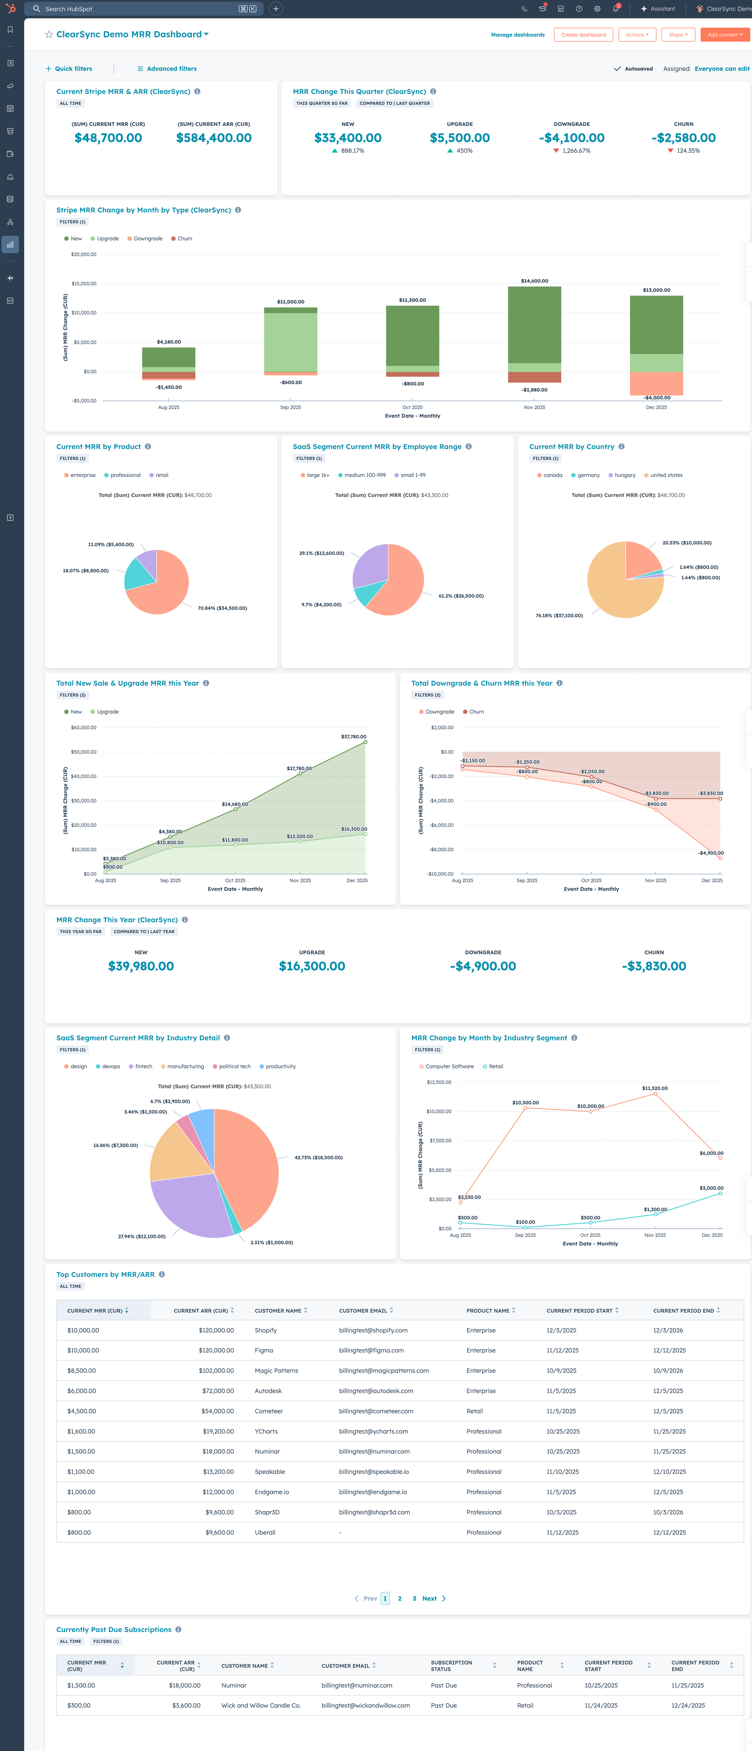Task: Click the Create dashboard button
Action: tap(583, 35)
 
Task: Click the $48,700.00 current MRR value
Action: tap(108, 138)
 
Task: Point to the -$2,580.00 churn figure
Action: tap(683, 138)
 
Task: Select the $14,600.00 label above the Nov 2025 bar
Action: tap(535, 281)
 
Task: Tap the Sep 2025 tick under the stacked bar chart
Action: tap(291, 407)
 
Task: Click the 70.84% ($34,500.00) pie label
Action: tap(222, 608)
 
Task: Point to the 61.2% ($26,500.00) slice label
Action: tap(460, 596)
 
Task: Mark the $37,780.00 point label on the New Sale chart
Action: tap(353, 737)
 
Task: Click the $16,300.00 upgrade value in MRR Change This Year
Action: tap(312, 966)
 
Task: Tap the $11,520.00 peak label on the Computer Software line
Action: tap(654, 1088)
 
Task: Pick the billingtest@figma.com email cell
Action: tap(371, 1351)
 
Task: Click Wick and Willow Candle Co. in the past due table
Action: tap(261, 1705)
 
